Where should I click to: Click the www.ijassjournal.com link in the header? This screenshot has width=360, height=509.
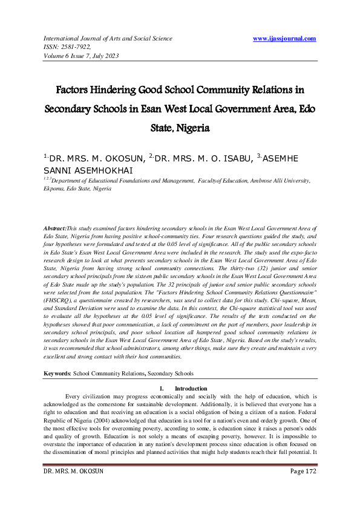[x=284, y=39]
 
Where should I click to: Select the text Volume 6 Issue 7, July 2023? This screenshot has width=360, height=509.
[x=80, y=56]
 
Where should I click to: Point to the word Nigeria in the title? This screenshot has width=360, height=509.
[x=192, y=129]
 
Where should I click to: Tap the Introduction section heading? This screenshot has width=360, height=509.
[x=191, y=388]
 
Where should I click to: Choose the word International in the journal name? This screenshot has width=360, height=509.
[x=62, y=39]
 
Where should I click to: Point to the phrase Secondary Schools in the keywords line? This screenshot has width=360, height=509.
[x=174, y=374]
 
